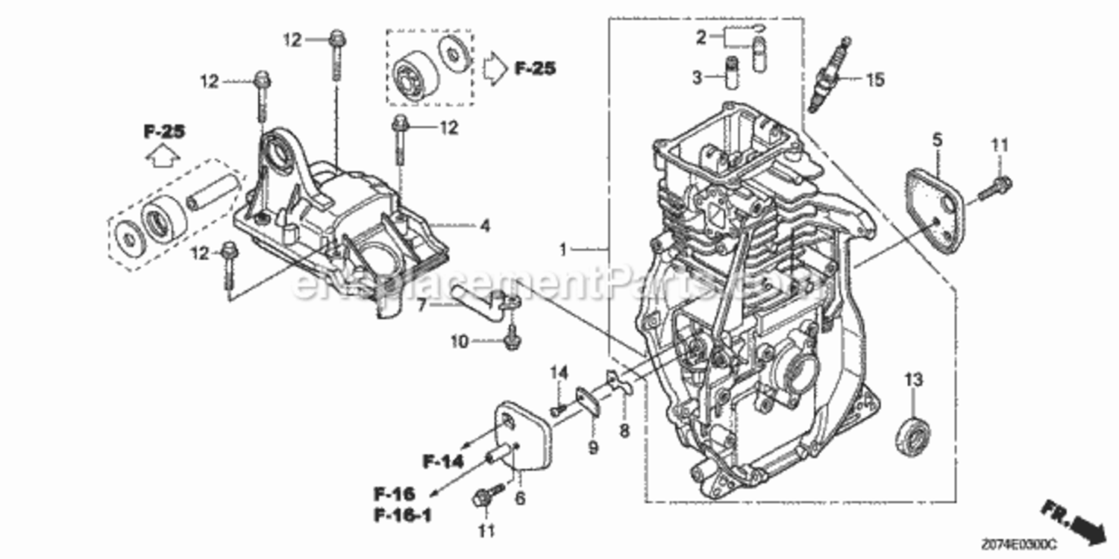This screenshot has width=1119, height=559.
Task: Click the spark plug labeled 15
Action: coord(832,75)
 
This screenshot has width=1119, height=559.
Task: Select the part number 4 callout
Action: coord(485,224)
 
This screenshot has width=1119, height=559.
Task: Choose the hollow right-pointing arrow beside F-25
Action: coord(494,69)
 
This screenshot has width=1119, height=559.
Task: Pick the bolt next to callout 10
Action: coord(511,339)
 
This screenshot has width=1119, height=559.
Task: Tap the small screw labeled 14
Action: coord(557,409)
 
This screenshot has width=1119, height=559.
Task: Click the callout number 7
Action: coord(421,303)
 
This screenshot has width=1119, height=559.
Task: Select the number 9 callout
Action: coord(594,448)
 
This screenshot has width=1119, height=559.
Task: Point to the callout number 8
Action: coord(624,430)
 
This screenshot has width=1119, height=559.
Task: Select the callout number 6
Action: coord(519,498)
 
